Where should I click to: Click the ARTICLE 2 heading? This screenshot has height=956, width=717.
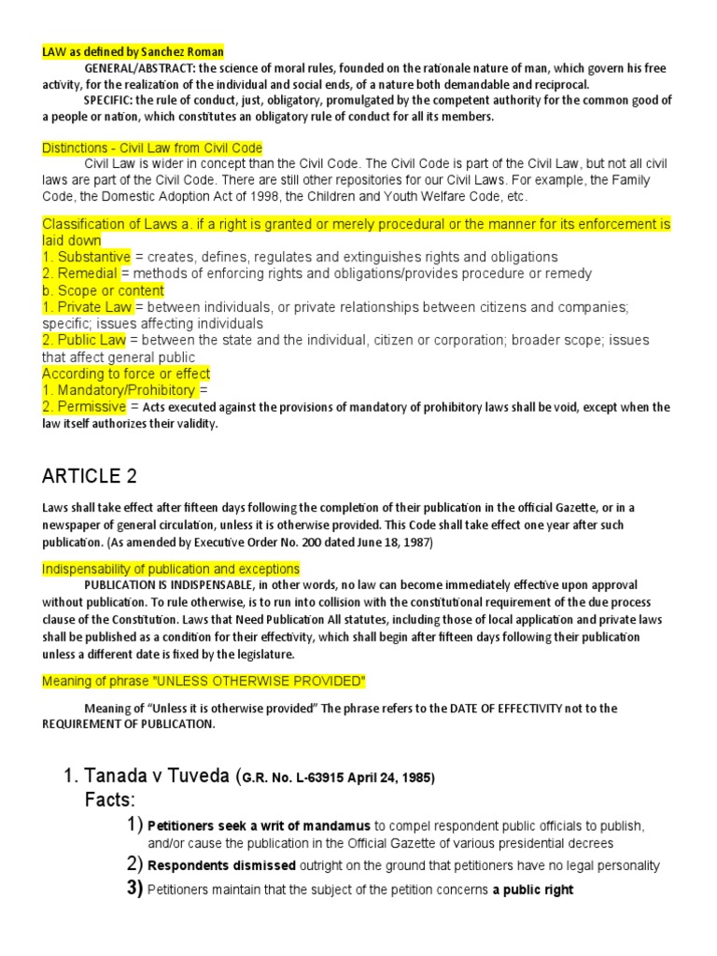tap(90, 476)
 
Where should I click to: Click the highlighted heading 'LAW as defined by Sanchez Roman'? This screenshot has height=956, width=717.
tap(133, 51)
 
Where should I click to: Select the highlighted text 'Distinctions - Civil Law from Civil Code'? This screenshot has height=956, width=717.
tap(152, 148)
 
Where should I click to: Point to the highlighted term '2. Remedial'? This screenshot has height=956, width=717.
tap(79, 274)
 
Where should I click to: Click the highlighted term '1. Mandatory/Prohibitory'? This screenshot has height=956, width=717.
tap(119, 390)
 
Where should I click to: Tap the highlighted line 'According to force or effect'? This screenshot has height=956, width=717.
tap(126, 374)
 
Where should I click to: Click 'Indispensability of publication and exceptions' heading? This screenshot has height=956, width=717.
tap(171, 569)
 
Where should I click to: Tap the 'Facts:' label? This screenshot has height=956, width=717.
tap(110, 800)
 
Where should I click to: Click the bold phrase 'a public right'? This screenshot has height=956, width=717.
tap(533, 890)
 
